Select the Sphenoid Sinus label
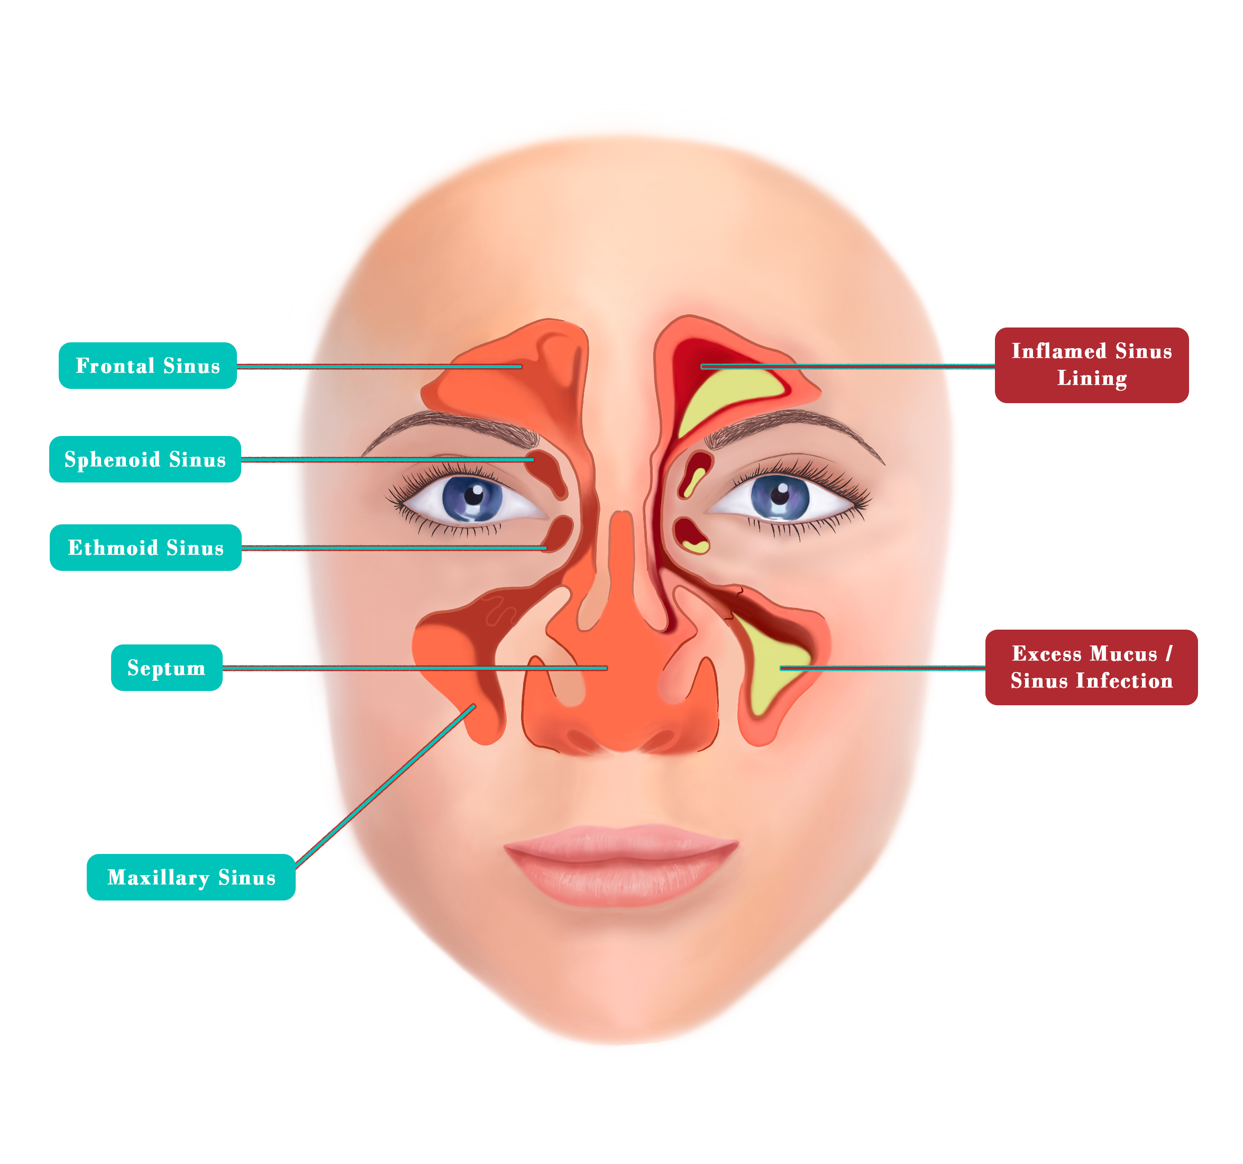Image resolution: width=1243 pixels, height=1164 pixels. coord(145,459)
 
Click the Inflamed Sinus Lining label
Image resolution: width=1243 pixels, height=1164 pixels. coord(1091,365)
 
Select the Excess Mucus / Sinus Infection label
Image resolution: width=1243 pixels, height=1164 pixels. coord(1091,667)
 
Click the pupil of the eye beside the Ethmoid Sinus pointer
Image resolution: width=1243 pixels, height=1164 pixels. coord(473,495)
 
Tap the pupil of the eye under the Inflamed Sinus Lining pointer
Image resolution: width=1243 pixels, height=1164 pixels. coord(780,495)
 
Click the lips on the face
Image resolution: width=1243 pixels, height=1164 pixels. coord(621,865)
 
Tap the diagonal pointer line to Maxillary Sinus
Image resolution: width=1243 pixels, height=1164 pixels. coord(385,786)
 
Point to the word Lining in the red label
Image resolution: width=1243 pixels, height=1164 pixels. coord(1091,378)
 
